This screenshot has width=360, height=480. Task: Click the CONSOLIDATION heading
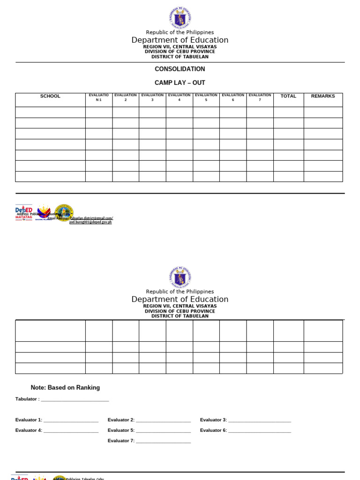(180, 69)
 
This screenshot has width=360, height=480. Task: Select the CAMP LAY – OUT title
(180, 82)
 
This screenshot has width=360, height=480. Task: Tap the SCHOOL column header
(50, 96)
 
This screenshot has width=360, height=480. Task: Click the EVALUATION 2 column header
(125, 97)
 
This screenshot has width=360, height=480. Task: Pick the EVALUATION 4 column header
(179, 97)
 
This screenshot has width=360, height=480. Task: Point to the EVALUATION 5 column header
(206, 97)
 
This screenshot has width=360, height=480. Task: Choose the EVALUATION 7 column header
(260, 97)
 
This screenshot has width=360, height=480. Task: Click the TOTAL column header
(288, 96)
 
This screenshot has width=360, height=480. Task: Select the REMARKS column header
(323, 96)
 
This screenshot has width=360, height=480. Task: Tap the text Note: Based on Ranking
(65, 388)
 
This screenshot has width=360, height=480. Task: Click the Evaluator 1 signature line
(71, 420)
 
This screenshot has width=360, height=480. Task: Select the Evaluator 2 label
(121, 420)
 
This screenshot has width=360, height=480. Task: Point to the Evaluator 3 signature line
(260, 420)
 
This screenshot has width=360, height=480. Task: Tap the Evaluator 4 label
(29, 430)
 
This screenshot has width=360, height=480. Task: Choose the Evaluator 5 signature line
(163, 431)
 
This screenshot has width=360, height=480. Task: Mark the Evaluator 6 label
(213, 430)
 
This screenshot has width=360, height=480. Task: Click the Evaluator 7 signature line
(163, 441)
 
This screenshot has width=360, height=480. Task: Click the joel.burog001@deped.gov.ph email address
(90, 222)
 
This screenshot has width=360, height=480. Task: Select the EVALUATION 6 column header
(232, 97)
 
